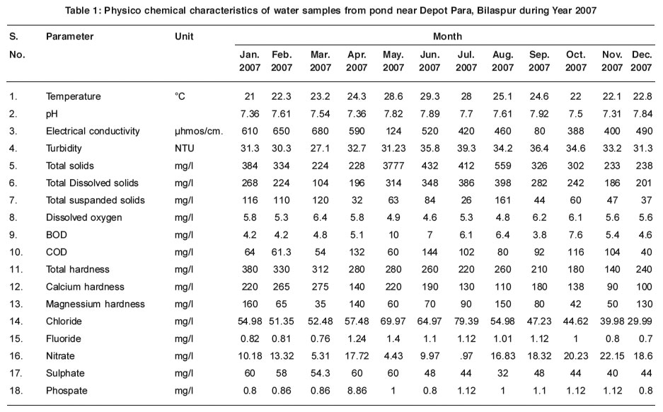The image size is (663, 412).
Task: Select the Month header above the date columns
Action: pos(447,36)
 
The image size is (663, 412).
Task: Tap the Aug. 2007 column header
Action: pos(503,61)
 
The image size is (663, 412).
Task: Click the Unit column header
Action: pos(184,36)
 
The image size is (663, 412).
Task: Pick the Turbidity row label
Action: pos(64,149)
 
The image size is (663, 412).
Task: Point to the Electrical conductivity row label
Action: pos(93,131)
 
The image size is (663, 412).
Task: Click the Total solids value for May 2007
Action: pos(393,166)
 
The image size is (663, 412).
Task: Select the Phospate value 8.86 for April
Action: pos(357,391)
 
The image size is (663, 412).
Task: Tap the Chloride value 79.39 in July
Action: pos(466,321)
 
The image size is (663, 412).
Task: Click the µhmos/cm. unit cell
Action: pos(199,131)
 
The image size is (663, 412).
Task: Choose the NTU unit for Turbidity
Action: pos(185,149)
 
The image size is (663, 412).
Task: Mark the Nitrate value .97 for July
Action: pos(466,356)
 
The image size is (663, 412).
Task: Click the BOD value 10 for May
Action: pos(393,235)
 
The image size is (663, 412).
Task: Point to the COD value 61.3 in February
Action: pos(281,252)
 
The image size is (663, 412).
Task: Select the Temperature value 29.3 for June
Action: pos(429,96)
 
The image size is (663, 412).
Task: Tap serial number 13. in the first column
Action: pos(16,304)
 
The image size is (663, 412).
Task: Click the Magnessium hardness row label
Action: pos(95,304)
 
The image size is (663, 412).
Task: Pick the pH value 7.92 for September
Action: pos(539,114)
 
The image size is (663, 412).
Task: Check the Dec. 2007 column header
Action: pos(642,61)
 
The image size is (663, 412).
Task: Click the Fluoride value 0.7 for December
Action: pos(645,339)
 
